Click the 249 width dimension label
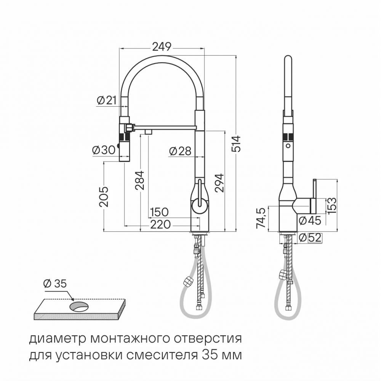pos(162,46)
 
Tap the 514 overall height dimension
pos(237,144)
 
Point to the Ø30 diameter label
pos(103,150)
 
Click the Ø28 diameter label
pos(179,151)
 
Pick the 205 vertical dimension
pos(104,197)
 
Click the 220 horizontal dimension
pos(160,224)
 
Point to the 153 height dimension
pos(332,206)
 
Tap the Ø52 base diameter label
pos(310,237)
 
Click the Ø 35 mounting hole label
pos(55,283)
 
